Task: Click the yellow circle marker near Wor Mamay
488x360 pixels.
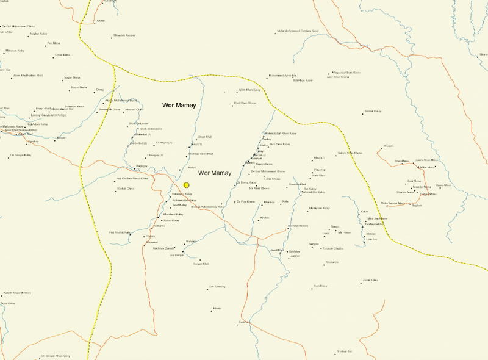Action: tap(187, 184)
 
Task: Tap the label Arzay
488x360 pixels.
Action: tap(101, 21)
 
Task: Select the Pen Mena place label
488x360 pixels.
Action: tap(53, 43)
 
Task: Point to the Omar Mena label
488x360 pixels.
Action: tap(62, 55)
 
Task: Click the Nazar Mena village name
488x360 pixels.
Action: tap(79, 88)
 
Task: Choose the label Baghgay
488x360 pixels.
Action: tap(142, 166)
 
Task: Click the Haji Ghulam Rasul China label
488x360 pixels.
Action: tap(132, 178)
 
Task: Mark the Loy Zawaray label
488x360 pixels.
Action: tap(217, 286)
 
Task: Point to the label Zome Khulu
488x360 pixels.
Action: tap(370, 279)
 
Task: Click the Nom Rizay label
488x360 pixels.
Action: tap(320, 286)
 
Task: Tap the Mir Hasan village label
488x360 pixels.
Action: tap(344, 232)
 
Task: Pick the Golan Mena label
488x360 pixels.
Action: tap(443, 185)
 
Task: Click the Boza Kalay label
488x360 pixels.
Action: tap(7, 303)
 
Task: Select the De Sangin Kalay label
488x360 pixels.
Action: tap(20, 156)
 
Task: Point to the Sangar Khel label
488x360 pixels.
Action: tap(201, 264)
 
